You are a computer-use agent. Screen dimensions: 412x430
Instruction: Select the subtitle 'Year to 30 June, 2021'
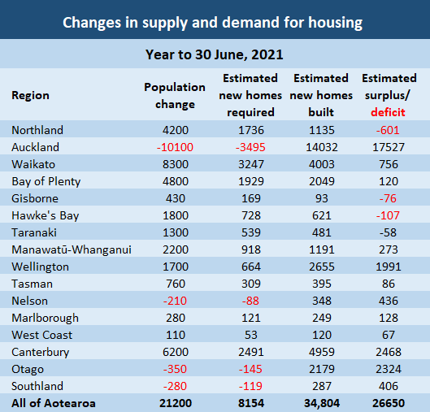click(215, 54)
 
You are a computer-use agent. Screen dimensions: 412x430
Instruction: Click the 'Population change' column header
click(175, 95)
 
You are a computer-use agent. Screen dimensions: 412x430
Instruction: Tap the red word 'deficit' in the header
click(389, 112)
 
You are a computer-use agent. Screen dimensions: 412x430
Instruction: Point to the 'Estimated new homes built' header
click(321, 95)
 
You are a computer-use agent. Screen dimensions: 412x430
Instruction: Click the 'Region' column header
click(30, 95)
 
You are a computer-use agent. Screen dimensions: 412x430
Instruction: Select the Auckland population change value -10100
click(175, 147)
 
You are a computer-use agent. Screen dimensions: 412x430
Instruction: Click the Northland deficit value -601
click(389, 130)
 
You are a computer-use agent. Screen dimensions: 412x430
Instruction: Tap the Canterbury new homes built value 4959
click(321, 352)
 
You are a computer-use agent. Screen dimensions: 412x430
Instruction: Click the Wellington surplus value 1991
click(389, 267)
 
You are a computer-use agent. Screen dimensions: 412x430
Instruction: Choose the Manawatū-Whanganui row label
click(72, 249)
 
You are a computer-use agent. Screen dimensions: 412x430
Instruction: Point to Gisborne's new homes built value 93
click(321, 198)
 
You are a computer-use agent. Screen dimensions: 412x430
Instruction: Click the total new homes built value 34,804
click(321, 403)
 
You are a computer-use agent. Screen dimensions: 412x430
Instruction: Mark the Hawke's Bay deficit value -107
click(389, 215)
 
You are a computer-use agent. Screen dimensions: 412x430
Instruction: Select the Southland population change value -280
click(175, 386)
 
